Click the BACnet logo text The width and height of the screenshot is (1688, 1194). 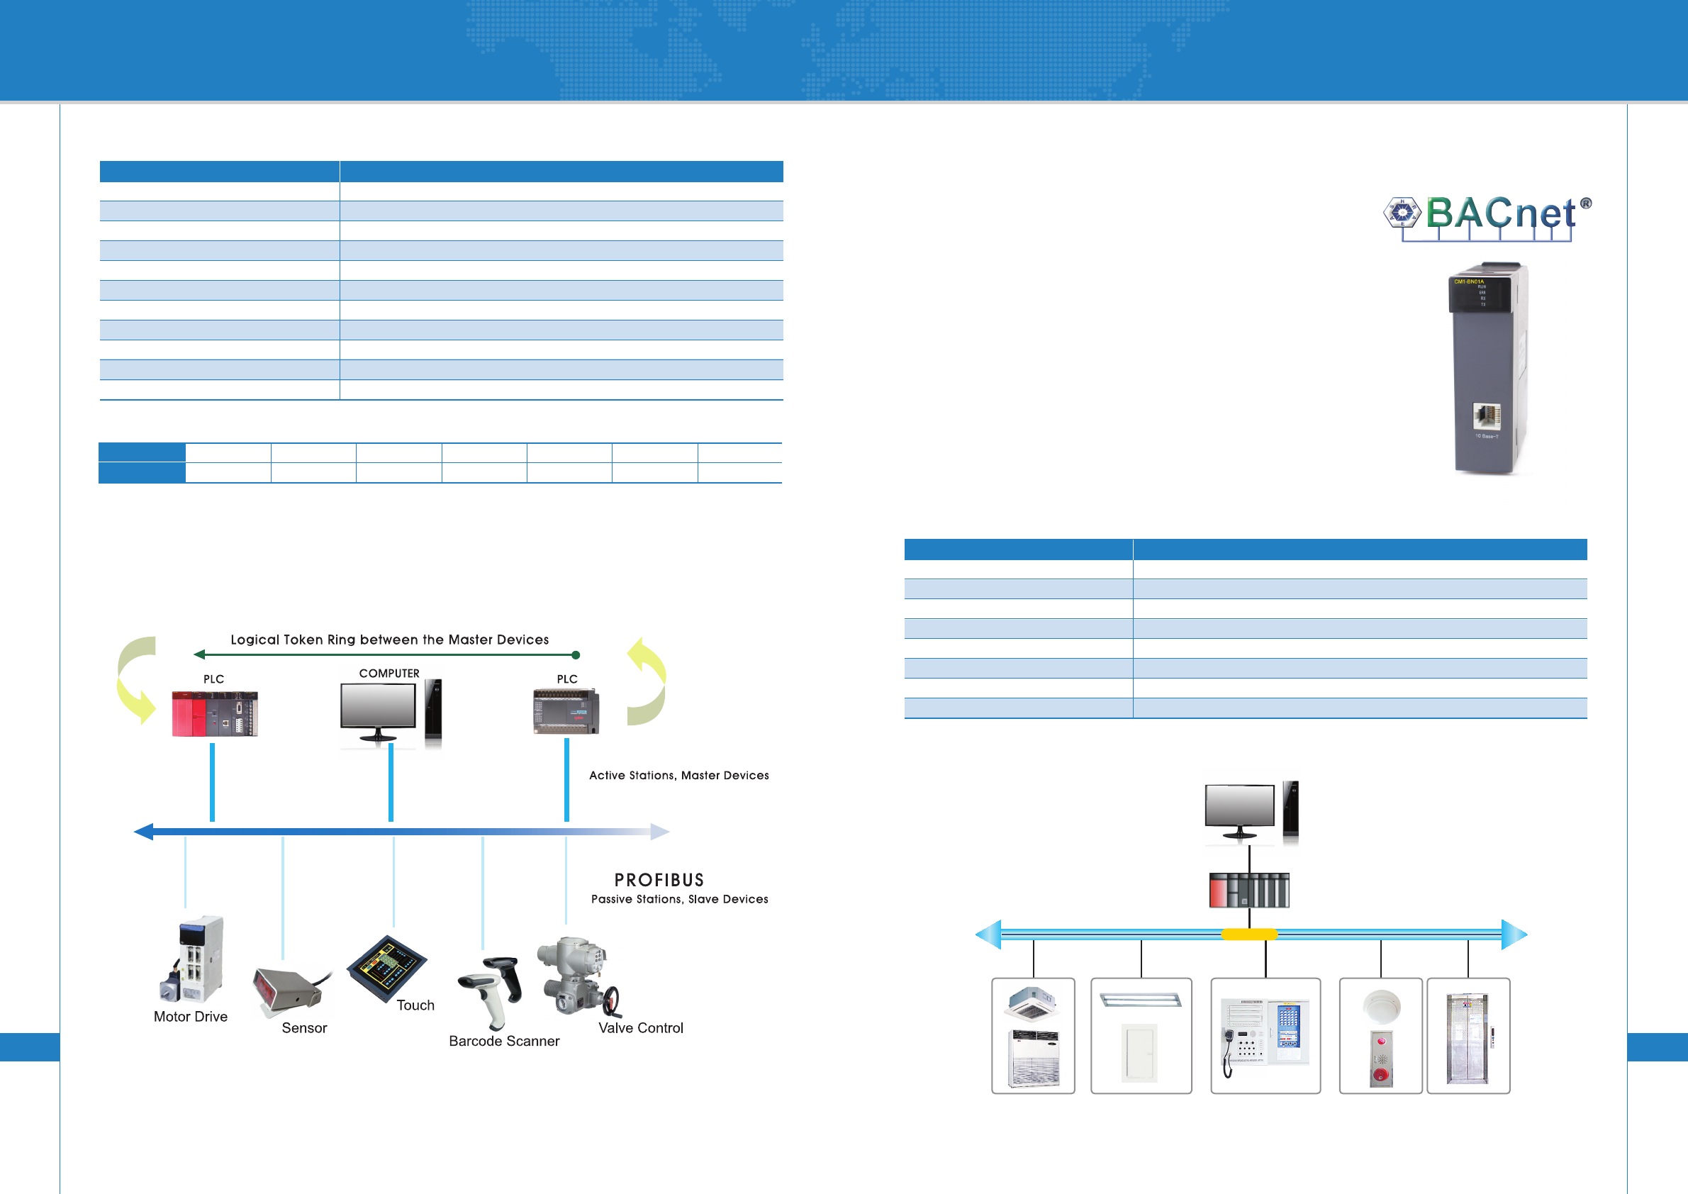[1500, 214]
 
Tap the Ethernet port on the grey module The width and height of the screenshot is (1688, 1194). [1487, 415]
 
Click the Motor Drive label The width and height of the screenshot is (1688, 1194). [191, 1017]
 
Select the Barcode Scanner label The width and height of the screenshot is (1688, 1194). [504, 1041]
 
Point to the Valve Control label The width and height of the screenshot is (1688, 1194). [640, 1028]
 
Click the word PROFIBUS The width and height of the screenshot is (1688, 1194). [659, 880]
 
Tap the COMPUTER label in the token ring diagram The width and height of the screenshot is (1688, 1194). [389, 674]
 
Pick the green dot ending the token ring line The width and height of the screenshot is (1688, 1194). [576, 655]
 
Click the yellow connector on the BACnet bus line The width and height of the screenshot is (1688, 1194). [1249, 934]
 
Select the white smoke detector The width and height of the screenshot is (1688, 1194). [1382, 1007]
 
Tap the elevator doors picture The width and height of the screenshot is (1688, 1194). [1467, 1039]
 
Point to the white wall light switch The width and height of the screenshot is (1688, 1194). [1139, 1053]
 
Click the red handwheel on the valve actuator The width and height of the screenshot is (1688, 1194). [612, 1000]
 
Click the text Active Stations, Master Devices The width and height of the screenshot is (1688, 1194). [678, 776]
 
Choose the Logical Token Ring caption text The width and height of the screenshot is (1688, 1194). [390, 640]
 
